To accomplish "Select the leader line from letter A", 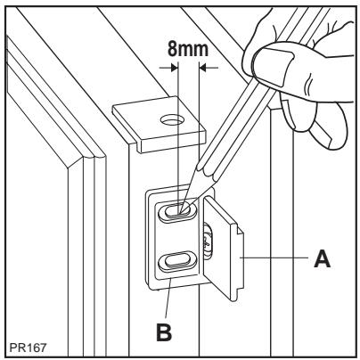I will (x=276, y=259).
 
